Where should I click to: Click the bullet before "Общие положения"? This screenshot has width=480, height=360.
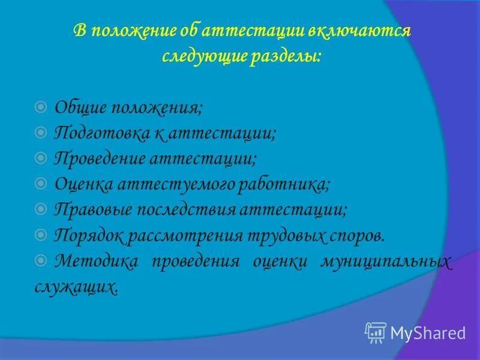(41, 107)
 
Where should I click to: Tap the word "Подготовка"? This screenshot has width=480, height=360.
(101, 132)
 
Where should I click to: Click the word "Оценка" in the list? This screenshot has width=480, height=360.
(81, 184)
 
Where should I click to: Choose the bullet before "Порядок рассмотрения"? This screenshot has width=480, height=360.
(41, 235)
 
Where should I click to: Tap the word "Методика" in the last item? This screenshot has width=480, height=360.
(96, 261)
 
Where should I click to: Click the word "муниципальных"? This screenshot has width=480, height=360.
(386, 261)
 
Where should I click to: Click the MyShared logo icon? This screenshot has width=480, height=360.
(376, 332)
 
